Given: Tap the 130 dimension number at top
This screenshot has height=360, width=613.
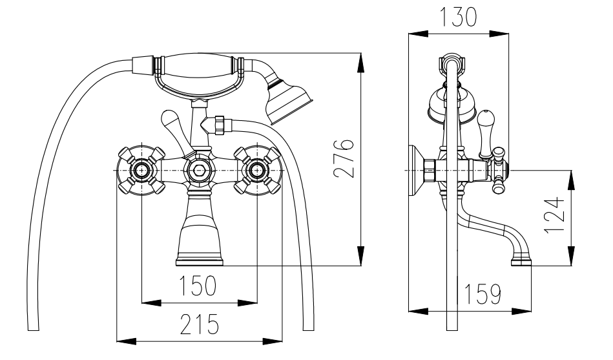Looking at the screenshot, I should click(458, 17).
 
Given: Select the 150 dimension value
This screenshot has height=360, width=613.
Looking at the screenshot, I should click(199, 286).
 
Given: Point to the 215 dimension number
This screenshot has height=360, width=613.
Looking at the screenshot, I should click(199, 324).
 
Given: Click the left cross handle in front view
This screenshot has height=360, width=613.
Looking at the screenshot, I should click(140, 171).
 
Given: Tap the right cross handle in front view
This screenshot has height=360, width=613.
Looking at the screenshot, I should click(257, 171).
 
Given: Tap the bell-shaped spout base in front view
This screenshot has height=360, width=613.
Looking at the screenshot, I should click(200, 239).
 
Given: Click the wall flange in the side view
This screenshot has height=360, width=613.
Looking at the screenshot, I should click(413, 171).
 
